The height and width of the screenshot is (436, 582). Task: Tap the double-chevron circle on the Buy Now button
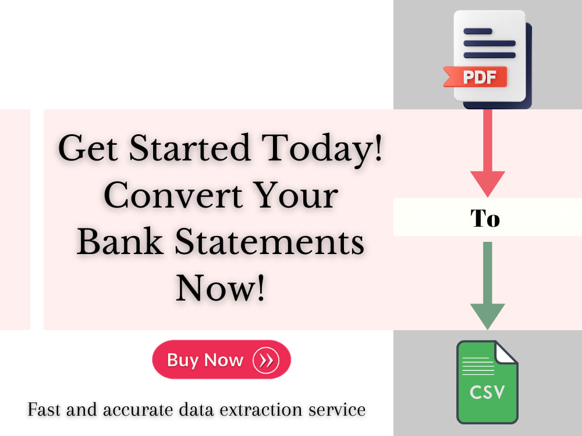click(266, 360)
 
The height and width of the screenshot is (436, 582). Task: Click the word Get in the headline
click(87, 149)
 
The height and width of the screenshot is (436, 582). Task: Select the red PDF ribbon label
click(476, 77)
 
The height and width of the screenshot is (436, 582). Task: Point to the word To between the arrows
click(485, 219)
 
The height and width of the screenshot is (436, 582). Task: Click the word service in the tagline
click(340, 409)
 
